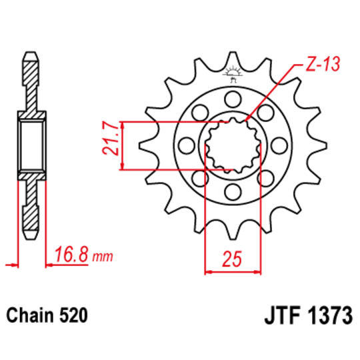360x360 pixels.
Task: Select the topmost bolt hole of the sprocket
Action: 233,100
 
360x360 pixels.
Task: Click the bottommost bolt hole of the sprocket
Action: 233,193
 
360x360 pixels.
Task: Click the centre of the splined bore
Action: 232,146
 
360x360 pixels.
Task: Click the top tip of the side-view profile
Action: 31,51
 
